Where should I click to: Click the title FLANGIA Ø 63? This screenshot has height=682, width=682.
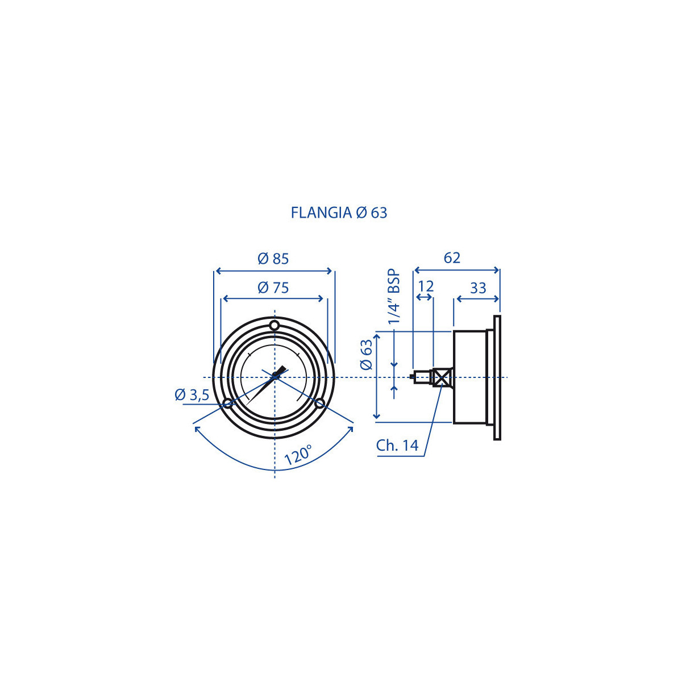tap(339, 213)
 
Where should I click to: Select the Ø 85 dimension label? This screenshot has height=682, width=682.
tap(273, 259)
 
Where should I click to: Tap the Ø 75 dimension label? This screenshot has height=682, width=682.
tap(273, 288)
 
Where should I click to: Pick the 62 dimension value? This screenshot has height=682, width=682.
tap(452, 258)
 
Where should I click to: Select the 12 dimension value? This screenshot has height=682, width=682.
tap(426, 286)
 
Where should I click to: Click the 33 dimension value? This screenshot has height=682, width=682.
tap(478, 288)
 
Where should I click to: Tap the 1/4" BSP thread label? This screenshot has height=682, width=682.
tap(394, 297)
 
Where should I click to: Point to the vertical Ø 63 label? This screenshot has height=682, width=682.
tap(367, 354)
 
